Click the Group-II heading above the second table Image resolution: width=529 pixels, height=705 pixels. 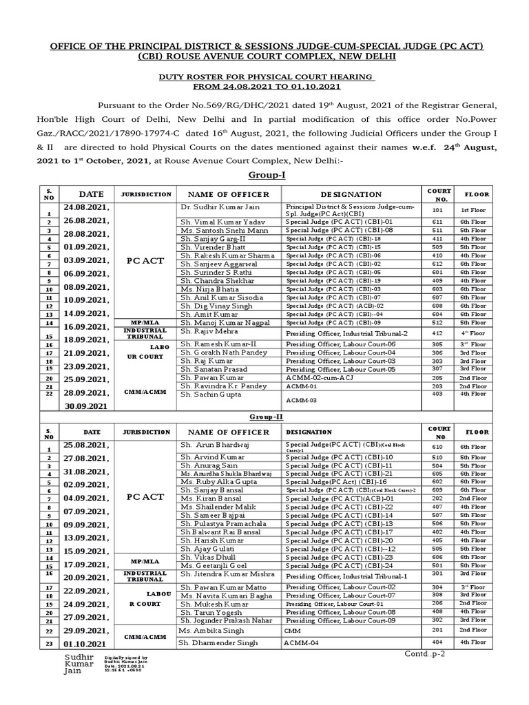point(264,417)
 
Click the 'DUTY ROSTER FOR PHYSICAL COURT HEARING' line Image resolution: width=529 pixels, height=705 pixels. point(264,76)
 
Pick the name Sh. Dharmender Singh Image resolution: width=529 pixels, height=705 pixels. point(218,642)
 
